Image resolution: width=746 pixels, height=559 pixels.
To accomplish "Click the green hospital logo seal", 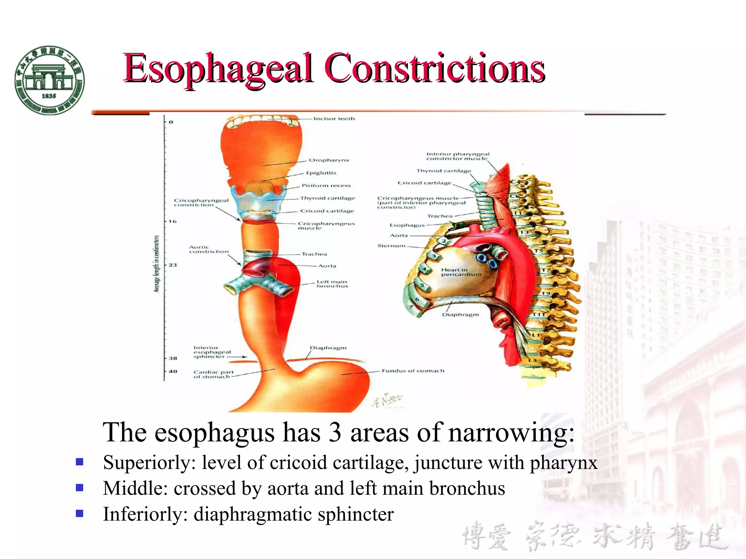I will pos(50,80).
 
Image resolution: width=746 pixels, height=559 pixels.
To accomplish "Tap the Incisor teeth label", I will pos(334,119).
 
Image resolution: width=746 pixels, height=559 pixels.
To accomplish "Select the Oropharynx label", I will pos(329,160).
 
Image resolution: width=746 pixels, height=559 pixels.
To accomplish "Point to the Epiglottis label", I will pos(321,173).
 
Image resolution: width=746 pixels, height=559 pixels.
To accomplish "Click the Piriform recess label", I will pos(326,186).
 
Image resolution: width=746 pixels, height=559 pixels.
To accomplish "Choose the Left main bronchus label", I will pos(332,284).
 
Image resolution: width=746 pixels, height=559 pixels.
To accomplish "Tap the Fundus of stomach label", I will pos(413,371).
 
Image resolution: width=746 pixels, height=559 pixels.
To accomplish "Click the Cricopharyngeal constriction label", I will pos(201,203).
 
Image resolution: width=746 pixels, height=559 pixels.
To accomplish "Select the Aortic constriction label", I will pos(209,249).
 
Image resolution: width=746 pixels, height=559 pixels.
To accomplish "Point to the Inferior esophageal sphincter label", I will pos(212,352).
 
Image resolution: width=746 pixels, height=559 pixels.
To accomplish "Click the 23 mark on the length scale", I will pos(173,265).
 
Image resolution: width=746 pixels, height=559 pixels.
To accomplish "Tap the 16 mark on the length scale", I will pos(173,221).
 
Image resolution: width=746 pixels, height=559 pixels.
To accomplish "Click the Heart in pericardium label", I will pos(461,272).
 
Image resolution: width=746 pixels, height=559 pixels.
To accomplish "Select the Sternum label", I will pos(391,246).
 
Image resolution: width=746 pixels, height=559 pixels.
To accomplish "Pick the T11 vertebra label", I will pos(538,314).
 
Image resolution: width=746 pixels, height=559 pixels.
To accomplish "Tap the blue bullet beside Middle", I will pos(79,488).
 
